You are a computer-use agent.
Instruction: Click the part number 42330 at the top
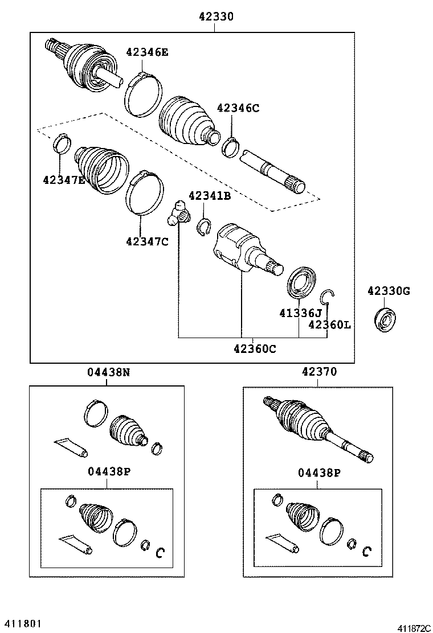(x=216, y=17)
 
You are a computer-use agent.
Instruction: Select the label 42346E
(x=147, y=52)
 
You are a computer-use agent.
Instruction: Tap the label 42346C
(x=238, y=108)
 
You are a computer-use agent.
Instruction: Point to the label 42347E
(x=64, y=180)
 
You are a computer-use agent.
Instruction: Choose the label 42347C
(x=147, y=241)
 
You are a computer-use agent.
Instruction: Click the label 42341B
(x=209, y=196)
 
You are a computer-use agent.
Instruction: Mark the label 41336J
(x=300, y=313)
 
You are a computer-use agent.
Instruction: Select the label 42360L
(x=329, y=324)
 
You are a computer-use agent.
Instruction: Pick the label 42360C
(x=254, y=349)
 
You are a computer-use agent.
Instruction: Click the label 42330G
(x=388, y=291)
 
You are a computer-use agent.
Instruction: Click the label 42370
(x=319, y=372)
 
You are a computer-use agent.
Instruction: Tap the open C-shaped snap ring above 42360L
(x=326, y=297)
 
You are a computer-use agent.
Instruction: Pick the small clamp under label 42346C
(x=231, y=146)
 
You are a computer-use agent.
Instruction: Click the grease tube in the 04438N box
(x=71, y=447)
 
